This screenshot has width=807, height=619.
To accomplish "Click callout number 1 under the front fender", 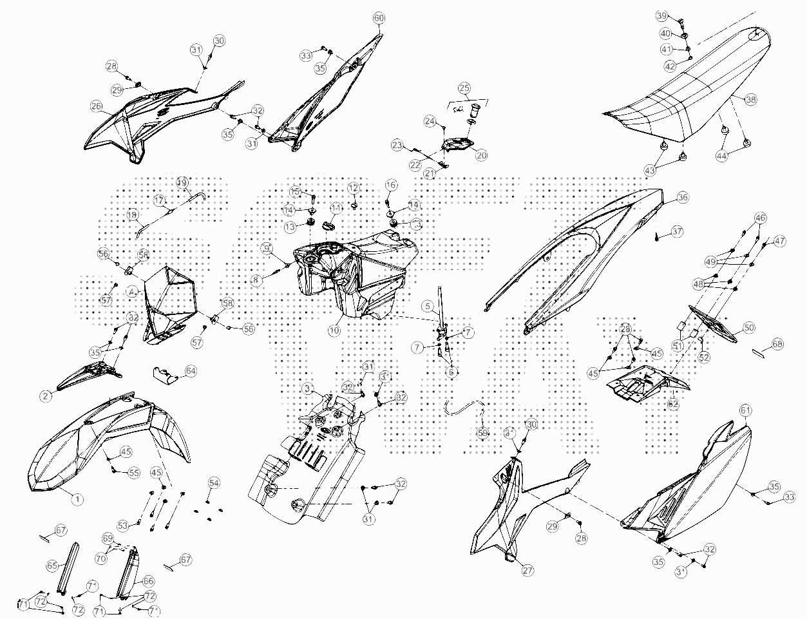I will (77, 499).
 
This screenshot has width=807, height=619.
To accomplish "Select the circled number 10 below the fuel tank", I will (334, 330).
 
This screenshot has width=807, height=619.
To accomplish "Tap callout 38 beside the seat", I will (751, 100).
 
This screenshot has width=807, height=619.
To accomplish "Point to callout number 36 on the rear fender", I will (683, 198).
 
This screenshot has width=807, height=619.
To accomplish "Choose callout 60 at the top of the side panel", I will (379, 17).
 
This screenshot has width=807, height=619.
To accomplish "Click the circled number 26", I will (97, 106).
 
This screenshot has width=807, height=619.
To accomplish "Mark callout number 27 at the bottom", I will (527, 570).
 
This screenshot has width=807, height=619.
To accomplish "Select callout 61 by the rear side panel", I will (746, 410).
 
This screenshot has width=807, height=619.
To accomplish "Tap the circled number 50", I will (749, 328).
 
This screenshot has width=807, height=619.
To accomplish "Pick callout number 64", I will (191, 371).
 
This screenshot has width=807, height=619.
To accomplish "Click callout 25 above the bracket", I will (464, 88).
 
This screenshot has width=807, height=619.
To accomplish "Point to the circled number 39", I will (661, 15).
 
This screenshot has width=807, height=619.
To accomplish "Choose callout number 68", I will (777, 345).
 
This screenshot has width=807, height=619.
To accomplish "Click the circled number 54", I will (213, 483).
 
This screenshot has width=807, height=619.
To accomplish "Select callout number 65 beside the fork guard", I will (52, 565).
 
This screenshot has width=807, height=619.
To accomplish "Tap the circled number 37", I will (677, 231).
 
